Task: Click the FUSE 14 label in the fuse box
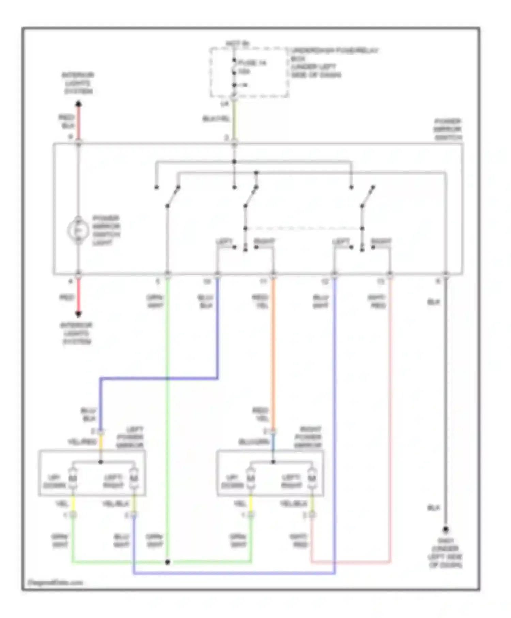(252, 63)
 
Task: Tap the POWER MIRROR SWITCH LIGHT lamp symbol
(78, 231)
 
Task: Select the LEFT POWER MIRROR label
(130, 437)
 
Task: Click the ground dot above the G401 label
(445, 530)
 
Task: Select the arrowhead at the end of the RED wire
(78, 314)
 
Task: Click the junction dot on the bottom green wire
(167, 562)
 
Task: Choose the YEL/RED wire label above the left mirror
(82, 442)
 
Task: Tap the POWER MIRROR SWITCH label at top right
(448, 129)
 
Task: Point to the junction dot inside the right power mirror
(273, 462)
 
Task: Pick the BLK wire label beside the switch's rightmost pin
(433, 302)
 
